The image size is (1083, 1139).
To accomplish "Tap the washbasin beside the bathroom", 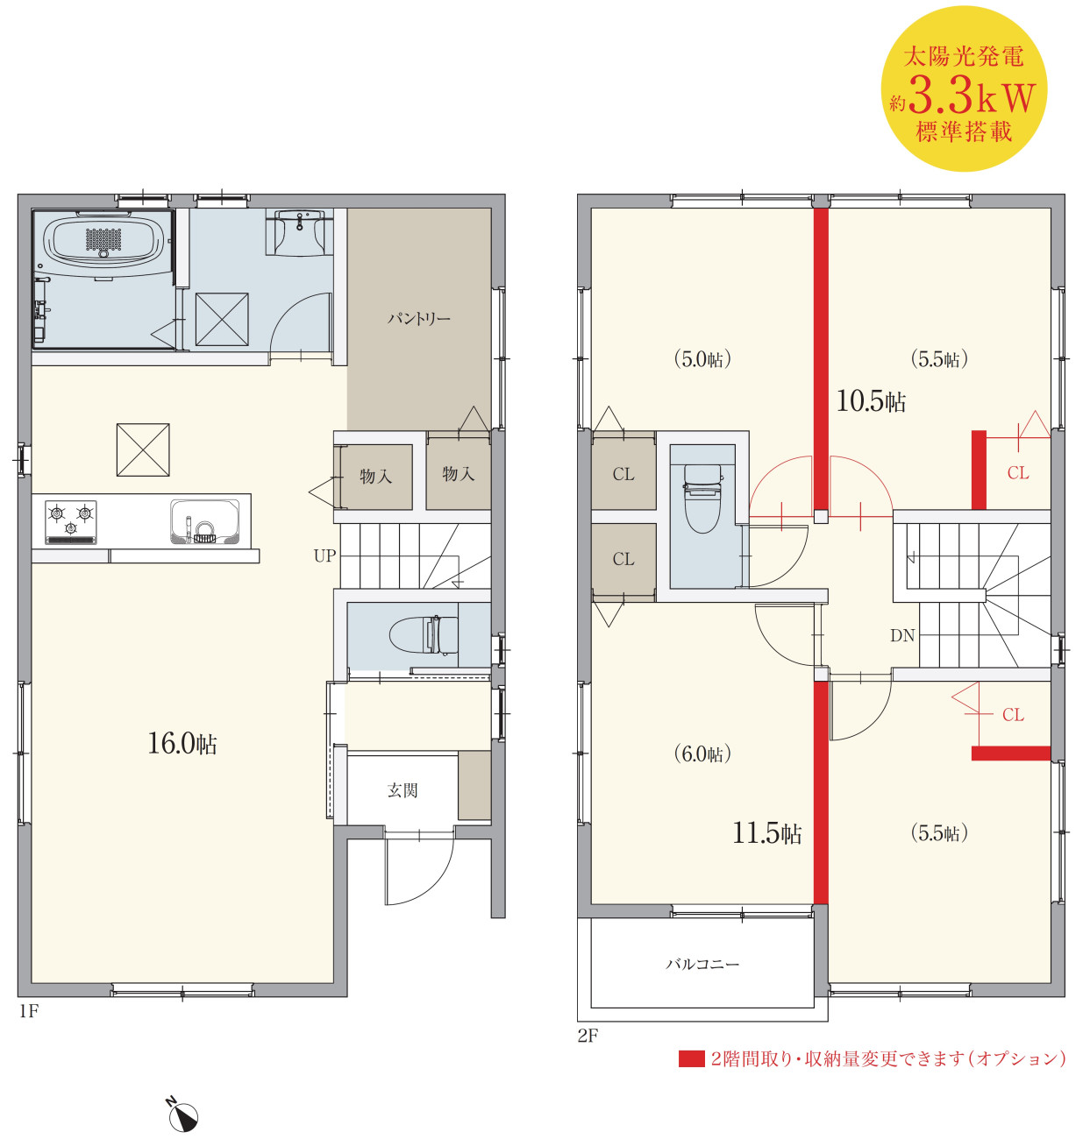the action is pos(299,231).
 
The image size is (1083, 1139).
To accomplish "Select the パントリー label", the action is pos(419,319).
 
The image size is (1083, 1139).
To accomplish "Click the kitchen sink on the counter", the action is pos(205,520).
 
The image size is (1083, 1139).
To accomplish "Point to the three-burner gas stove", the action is pos(71,522).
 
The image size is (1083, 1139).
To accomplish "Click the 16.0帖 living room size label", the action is pos(182,743).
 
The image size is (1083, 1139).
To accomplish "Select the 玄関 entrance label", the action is pos(402,790).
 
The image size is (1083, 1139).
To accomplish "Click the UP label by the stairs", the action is pos(324,556).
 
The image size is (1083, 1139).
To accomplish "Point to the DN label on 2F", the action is pos(902,636).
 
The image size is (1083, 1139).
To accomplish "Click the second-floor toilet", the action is pos(703,499).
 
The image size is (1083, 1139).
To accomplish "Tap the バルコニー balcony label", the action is pos(702,964).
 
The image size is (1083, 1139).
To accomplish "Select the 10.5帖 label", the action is pos(871,401).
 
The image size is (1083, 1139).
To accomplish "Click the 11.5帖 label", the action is pos(766,833).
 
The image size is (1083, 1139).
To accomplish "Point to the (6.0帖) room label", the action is pos(702,754).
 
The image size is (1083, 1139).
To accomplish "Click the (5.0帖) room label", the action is pos(702,360).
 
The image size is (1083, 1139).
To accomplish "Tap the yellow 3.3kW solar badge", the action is pos(964,88).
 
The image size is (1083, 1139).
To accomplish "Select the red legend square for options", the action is pos(691,1059).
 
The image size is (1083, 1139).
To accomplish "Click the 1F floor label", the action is pos(29,1011).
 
